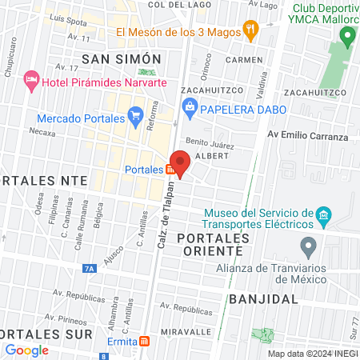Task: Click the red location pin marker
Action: tap(181, 162)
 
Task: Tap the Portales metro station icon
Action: tap(170, 170)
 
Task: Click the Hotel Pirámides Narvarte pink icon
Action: tap(32, 78)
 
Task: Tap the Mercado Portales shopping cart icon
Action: tap(136, 118)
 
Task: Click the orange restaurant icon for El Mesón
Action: tap(250, 31)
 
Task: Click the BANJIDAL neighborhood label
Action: tap(263, 298)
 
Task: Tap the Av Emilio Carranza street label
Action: tap(308, 137)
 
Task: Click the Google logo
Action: tap(26, 350)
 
